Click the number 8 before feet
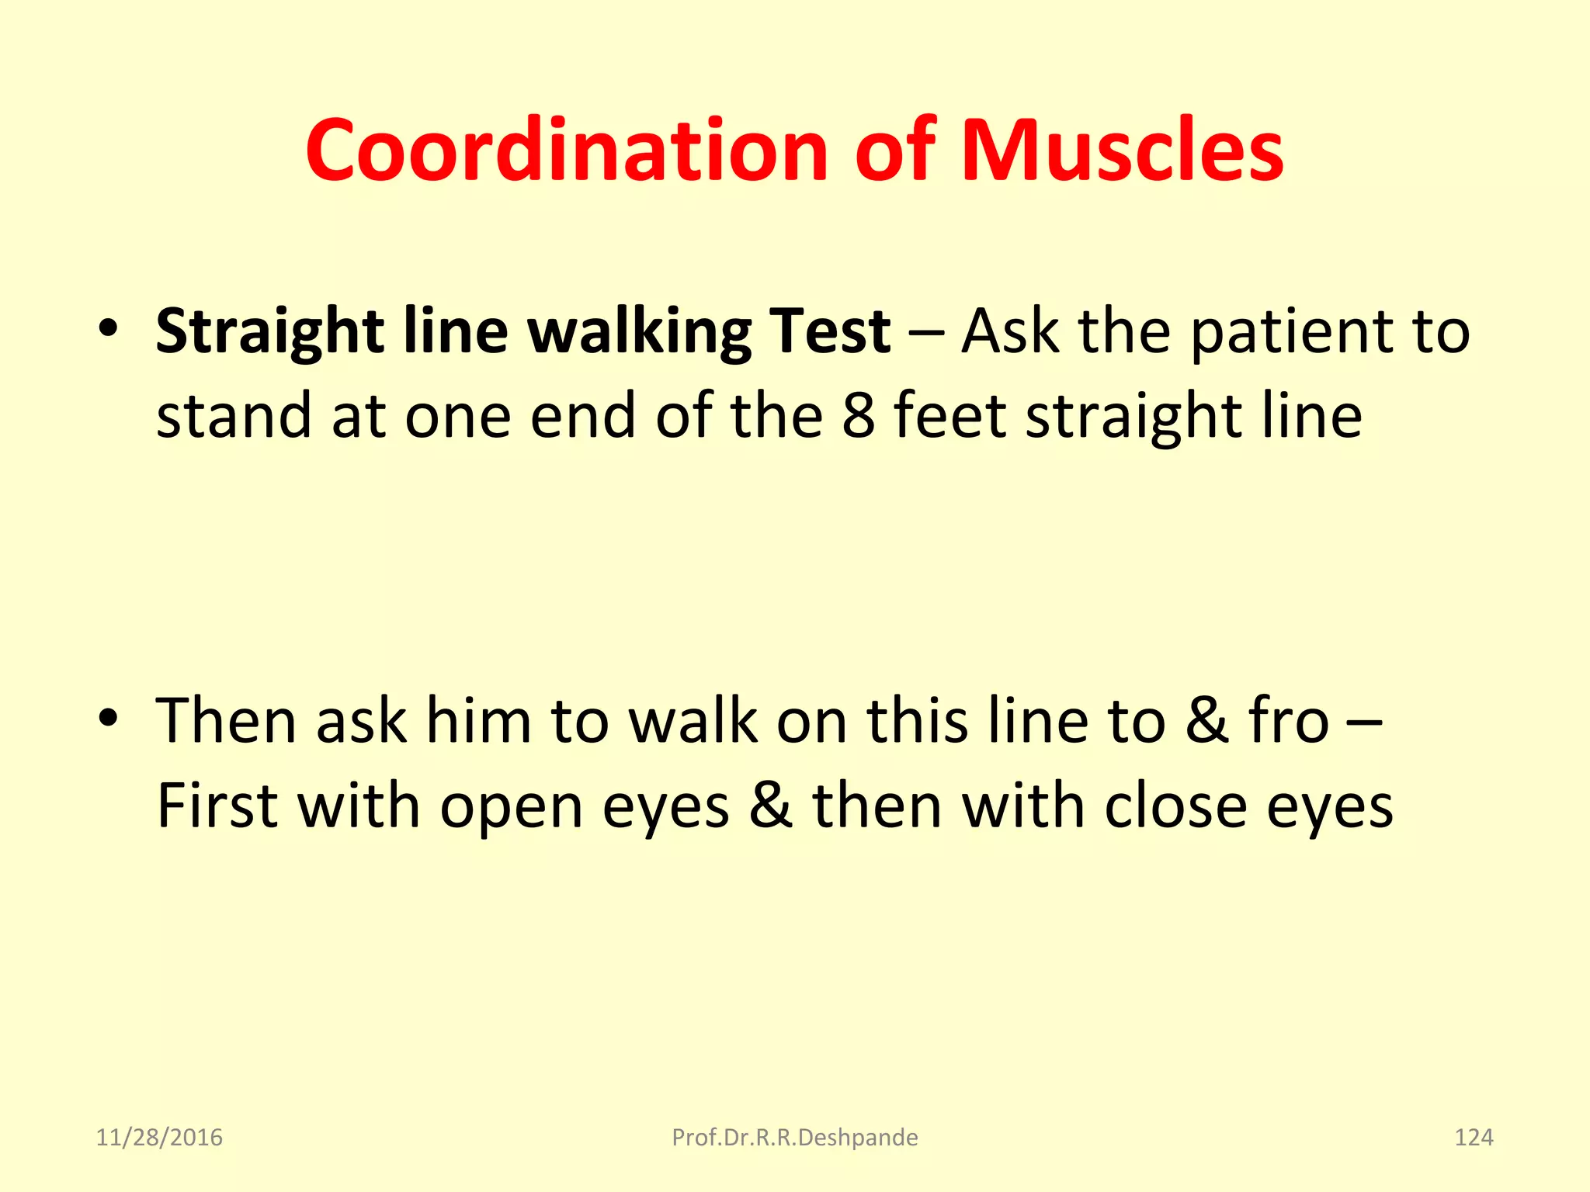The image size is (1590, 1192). [x=859, y=416]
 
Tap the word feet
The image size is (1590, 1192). [x=950, y=416]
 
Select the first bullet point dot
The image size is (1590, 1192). [x=108, y=328]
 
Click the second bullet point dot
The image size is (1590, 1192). [x=108, y=718]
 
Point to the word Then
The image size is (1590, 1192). [x=227, y=722]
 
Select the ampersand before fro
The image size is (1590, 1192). [x=1206, y=722]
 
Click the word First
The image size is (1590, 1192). [x=217, y=806]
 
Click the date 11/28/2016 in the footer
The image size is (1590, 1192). [x=159, y=1138]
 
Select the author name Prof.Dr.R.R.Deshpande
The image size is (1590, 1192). [x=794, y=1138]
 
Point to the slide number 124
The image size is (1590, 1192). [x=1473, y=1138]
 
